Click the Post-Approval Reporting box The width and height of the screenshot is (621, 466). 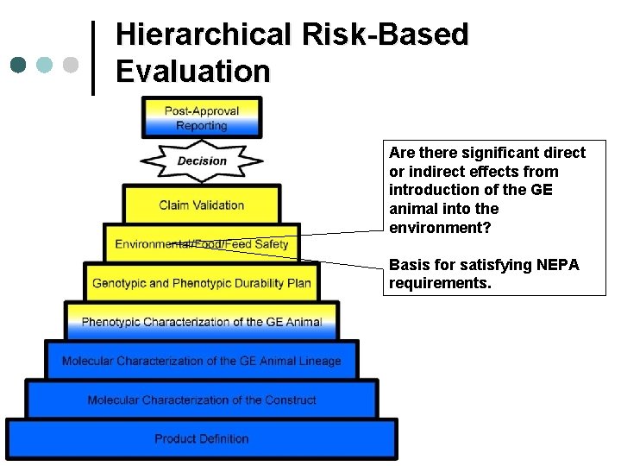[x=201, y=118]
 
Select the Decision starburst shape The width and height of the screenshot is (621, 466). [x=201, y=161]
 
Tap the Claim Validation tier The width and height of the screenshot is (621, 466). [x=201, y=205]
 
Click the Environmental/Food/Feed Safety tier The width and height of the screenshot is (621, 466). [x=201, y=244]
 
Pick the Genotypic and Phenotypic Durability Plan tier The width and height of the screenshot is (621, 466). [x=201, y=282]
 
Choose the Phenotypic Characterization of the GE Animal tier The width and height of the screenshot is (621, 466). [x=201, y=322]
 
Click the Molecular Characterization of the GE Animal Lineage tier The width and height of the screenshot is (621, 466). [x=201, y=361]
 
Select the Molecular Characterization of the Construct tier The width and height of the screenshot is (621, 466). [x=201, y=400]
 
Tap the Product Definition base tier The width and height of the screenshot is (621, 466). [x=201, y=439]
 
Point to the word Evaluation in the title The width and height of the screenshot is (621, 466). [x=192, y=71]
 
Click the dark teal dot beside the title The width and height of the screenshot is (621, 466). [x=19, y=65]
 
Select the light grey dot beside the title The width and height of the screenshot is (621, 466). [x=72, y=65]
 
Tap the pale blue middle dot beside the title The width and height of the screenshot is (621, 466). [x=45, y=65]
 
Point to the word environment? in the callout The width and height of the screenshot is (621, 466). [x=438, y=227]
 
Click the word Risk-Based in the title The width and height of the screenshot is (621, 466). [x=385, y=35]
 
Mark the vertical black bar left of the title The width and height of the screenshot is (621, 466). [x=94, y=57]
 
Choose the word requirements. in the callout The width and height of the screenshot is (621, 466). [x=440, y=282]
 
